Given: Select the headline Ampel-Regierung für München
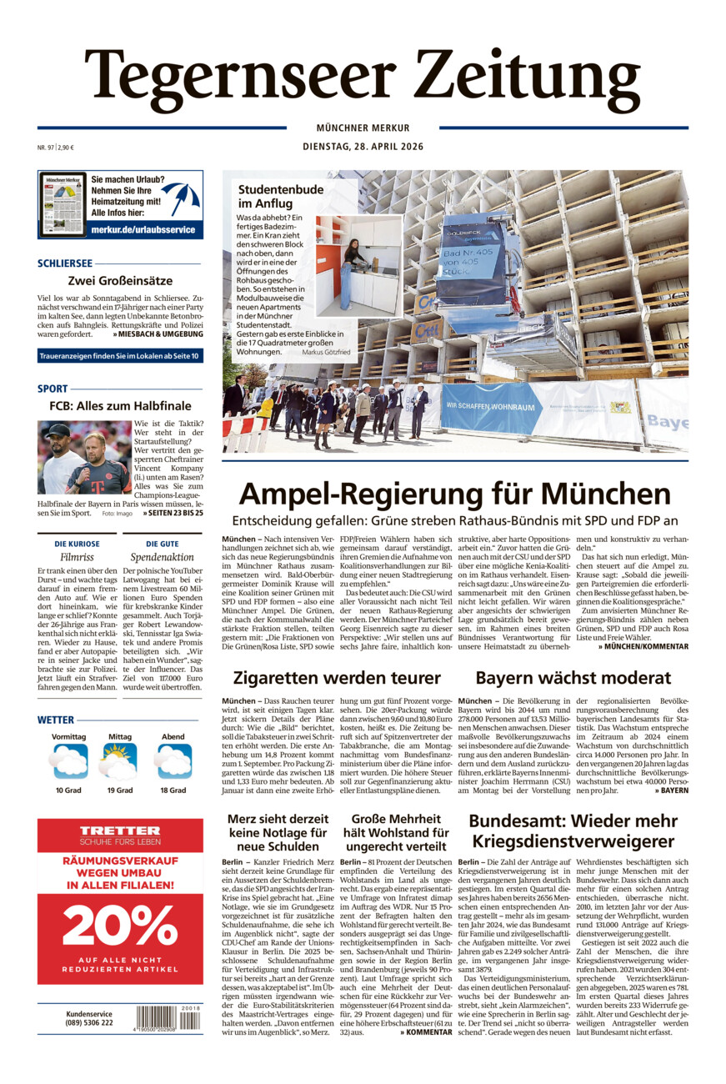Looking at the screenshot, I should coord(454,494).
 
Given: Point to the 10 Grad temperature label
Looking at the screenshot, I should coord(69,790).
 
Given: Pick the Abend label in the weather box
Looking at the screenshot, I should coord(173,737).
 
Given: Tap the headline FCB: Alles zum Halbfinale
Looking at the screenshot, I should coord(120,406).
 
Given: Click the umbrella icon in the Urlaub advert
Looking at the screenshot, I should coord(181,198).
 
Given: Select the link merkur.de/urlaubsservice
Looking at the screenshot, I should coord(143,229).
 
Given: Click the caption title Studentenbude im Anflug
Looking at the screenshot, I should coord(281,196).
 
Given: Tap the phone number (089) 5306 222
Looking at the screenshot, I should coord(89,1023).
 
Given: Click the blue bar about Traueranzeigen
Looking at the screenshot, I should coord(120,357).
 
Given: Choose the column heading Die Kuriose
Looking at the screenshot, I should coord(77,544).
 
